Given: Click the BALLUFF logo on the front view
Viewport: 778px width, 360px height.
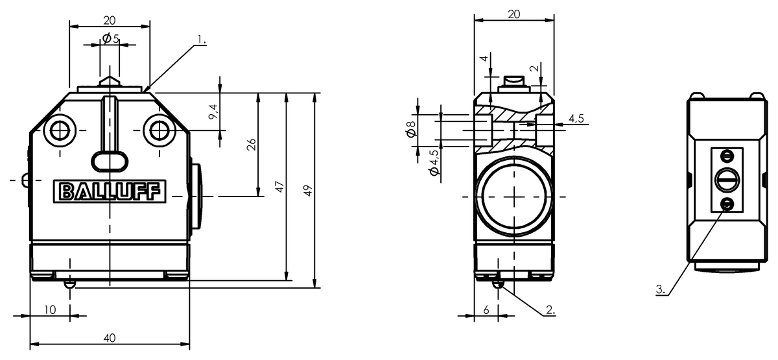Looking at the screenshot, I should [x=109, y=192].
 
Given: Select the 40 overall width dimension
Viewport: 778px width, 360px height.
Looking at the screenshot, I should [x=110, y=337].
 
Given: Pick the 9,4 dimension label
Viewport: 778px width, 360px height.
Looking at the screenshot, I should [x=214, y=112].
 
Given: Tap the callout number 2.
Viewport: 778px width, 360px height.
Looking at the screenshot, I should [x=550, y=310].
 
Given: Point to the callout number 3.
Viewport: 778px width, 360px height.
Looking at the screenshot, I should [x=661, y=290].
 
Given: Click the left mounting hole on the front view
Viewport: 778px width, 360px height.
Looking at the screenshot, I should [x=61, y=130].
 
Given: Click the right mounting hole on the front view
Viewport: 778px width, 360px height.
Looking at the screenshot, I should [x=159, y=130].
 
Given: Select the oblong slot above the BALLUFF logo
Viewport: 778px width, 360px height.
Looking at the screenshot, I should [x=109, y=159].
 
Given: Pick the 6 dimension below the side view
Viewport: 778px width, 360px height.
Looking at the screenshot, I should [x=486, y=310].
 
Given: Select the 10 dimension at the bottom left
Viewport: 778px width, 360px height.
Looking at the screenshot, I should [x=50, y=310].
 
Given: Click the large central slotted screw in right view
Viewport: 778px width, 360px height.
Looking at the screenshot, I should [x=727, y=180].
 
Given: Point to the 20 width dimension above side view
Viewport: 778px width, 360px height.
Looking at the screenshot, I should [x=513, y=14].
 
